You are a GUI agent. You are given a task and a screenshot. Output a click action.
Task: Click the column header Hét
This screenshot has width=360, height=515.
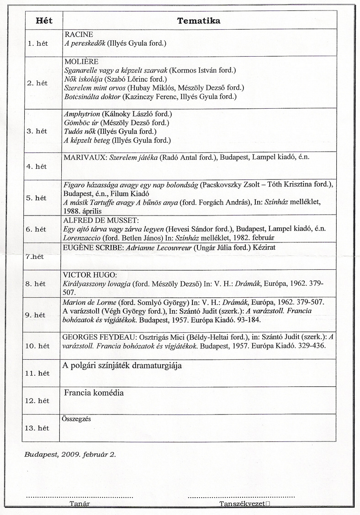[43, 21]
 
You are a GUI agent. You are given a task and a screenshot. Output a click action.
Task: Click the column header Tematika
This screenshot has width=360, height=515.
[199, 21]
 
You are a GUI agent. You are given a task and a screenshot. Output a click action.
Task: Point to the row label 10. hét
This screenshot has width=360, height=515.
[37, 346]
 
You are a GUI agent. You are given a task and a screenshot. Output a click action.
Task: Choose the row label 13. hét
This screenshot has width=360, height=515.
[37, 428]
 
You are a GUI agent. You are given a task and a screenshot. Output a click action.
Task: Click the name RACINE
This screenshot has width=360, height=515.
[79, 35]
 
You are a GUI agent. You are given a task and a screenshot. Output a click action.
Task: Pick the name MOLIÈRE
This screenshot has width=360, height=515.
[82, 62]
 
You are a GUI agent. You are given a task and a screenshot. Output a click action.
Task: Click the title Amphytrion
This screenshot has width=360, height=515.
[82, 114]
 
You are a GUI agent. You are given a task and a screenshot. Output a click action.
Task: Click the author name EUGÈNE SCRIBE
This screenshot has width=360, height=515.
[93, 247]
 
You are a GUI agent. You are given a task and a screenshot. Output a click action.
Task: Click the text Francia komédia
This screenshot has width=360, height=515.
[94, 393]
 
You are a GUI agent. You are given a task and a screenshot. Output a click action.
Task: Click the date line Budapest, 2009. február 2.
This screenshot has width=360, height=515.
[70, 455]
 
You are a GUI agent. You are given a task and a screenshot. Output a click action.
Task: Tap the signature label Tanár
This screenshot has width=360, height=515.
[79, 504]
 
